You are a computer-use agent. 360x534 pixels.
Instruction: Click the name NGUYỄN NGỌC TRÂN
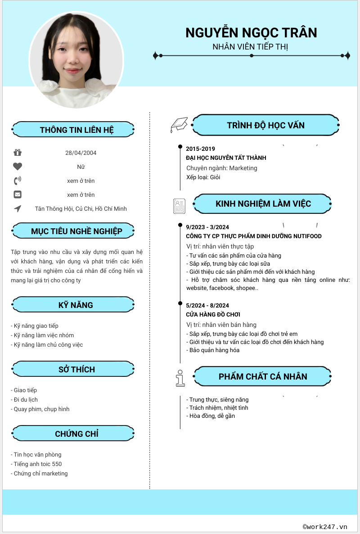point(251,33)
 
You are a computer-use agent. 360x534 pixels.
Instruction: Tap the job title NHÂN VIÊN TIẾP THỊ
point(250,46)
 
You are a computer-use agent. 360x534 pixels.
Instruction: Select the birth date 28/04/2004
point(81,153)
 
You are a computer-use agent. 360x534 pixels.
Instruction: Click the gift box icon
point(18,153)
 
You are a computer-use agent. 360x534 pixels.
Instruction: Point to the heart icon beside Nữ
point(18,167)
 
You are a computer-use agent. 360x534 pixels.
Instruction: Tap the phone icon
point(18,181)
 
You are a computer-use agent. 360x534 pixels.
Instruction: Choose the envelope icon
point(18,195)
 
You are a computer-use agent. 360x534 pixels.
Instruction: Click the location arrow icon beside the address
point(18,208)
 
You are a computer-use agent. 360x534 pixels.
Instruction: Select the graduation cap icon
point(179,125)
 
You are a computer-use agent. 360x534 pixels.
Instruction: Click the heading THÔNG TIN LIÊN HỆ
point(76,130)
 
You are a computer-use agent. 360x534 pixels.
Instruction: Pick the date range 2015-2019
point(200,149)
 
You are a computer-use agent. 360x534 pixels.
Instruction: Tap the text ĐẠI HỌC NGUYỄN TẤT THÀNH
point(226,158)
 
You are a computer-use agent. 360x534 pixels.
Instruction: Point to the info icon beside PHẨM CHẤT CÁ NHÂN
point(180,378)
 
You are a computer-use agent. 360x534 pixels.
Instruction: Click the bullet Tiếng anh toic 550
point(38,464)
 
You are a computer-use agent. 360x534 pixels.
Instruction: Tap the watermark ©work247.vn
point(325,526)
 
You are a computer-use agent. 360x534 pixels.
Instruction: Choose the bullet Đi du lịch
point(26,399)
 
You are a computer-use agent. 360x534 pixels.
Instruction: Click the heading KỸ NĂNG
point(76,305)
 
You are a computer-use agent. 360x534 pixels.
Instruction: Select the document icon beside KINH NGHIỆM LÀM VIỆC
point(179,206)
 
